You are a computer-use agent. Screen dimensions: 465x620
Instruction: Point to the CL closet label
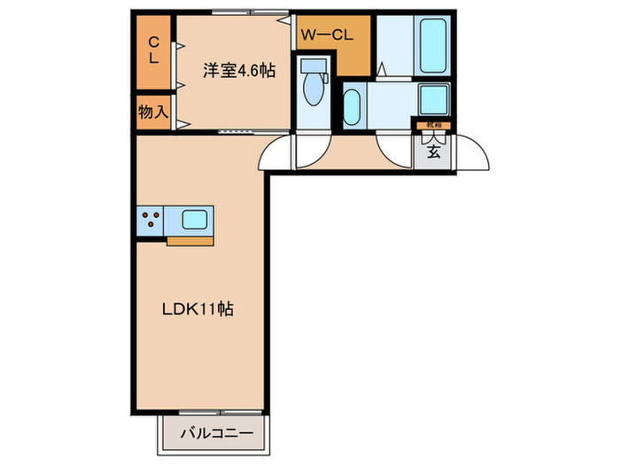coord(153,50)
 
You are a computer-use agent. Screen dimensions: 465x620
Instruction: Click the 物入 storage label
coord(152,112)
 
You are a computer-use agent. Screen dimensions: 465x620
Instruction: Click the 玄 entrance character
coord(434,151)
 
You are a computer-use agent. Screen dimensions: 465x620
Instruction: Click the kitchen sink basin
coord(195,219)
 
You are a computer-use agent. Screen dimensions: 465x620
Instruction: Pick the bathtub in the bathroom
coord(432,45)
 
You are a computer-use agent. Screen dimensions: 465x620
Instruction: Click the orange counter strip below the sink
coord(190,239)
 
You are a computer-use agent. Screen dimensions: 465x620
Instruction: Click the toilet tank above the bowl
coord(312,65)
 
